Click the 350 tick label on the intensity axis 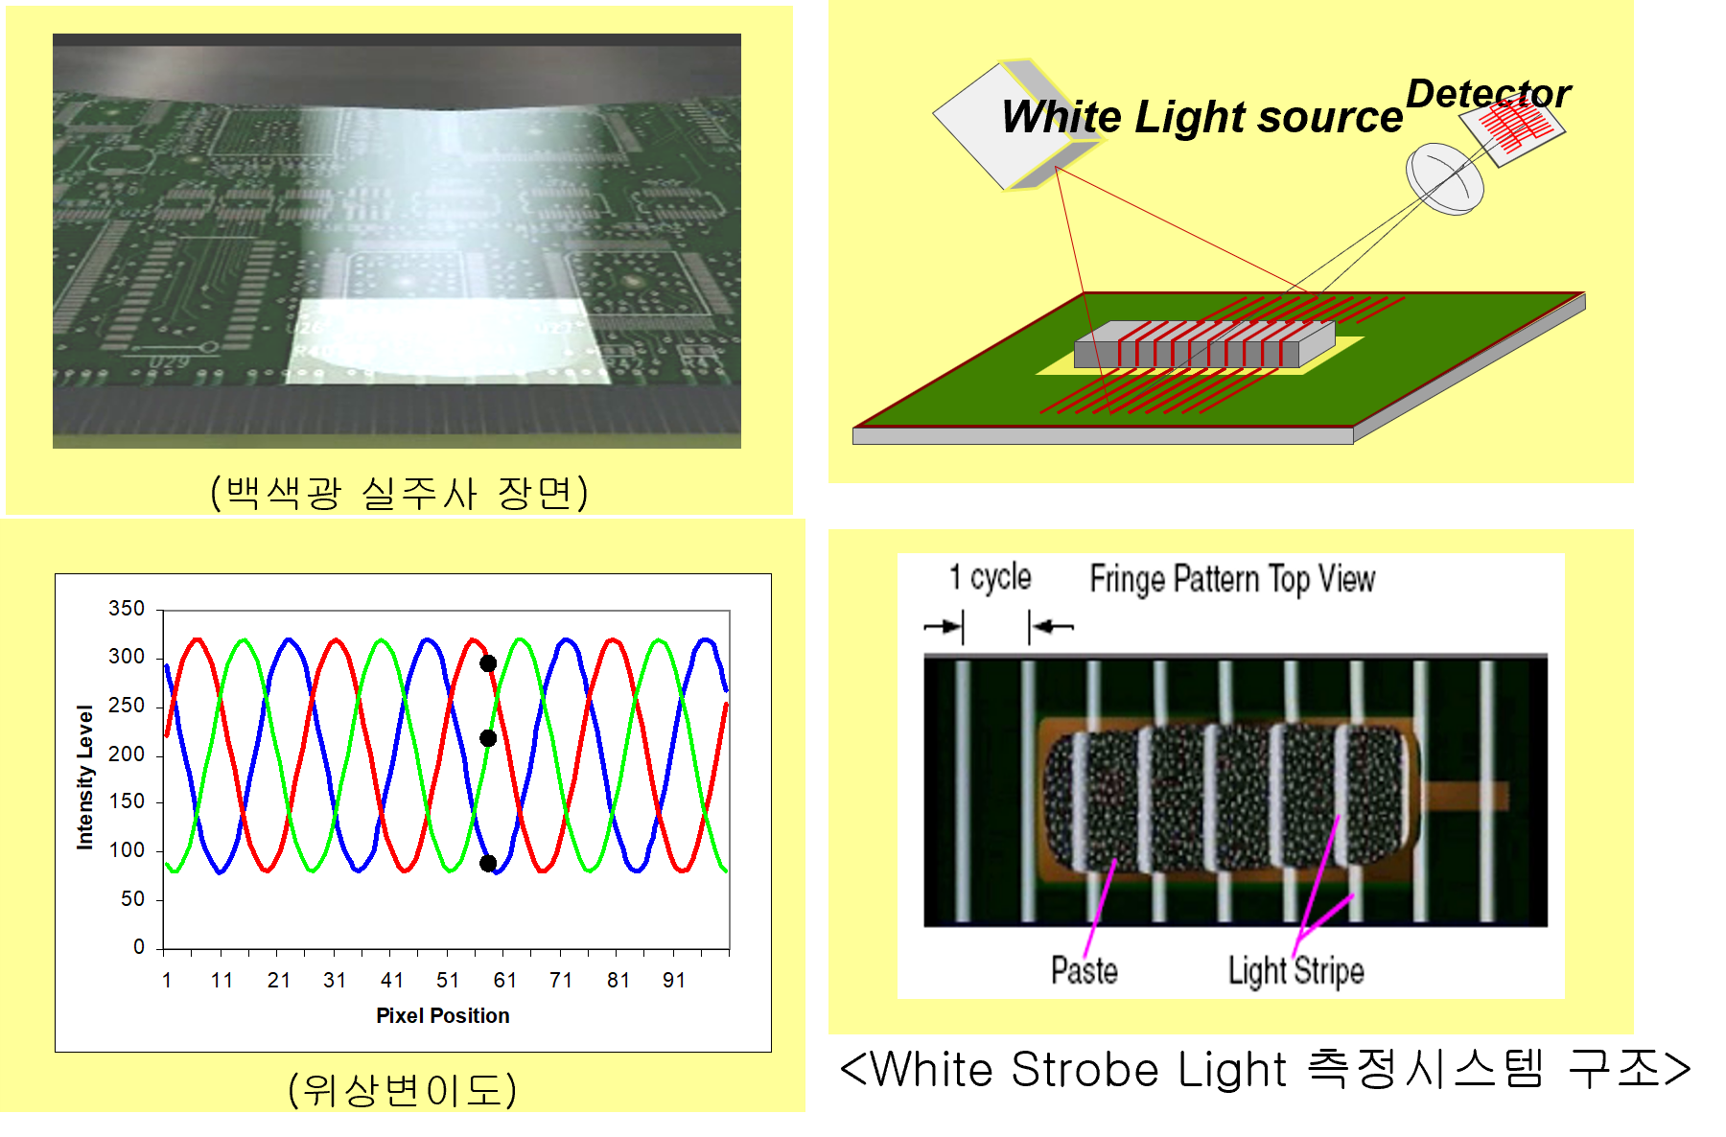coord(127,609)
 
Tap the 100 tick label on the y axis coord(127,850)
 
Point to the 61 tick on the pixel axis coord(505,980)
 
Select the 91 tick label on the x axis coord(674,980)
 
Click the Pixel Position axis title coord(443,1016)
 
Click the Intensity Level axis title coord(85,777)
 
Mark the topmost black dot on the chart coord(488,663)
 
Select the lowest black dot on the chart coord(488,864)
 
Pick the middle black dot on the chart coord(488,738)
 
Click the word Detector coord(1488,94)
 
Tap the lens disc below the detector coord(1445,179)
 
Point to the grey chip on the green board coord(1204,345)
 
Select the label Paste coord(1085,970)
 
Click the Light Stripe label coord(1296,971)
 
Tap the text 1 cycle coord(991,577)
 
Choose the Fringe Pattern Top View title coord(1233,579)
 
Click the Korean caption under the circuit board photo coord(400,493)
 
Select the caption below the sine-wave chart coord(403,1090)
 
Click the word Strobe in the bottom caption coord(1085,1069)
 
